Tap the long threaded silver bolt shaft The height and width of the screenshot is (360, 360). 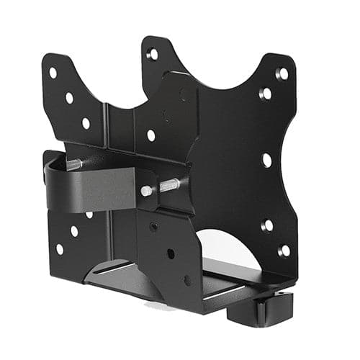[x=168, y=186]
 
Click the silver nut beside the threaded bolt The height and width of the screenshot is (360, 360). [x=147, y=191]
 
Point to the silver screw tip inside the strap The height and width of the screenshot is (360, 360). [x=74, y=163]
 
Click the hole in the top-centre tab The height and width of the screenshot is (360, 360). [x=153, y=55]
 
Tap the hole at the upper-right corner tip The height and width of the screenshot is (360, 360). [x=282, y=73]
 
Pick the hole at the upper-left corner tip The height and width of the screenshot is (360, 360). [x=53, y=73]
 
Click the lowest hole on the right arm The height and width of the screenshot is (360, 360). [x=284, y=251]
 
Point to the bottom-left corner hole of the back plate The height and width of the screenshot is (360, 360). [x=59, y=248]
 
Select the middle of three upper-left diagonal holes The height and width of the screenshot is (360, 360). [x=69, y=98]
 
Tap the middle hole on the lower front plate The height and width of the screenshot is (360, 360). [x=171, y=253]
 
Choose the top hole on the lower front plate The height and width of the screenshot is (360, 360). [x=154, y=226]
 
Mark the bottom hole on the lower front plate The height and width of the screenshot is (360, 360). [x=187, y=280]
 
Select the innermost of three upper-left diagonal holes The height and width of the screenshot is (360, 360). [x=86, y=123]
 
